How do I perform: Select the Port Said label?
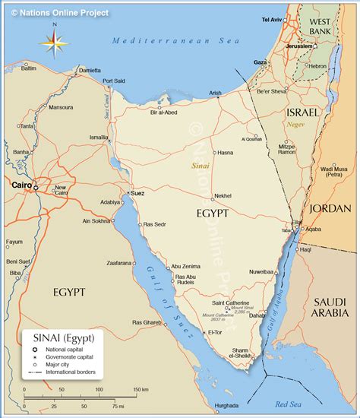(114, 81)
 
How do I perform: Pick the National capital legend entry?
(66, 349)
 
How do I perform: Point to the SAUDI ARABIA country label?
(330, 307)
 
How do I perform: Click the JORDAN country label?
(330, 208)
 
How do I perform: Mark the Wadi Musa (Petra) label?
(335, 171)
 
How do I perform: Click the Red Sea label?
(289, 404)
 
